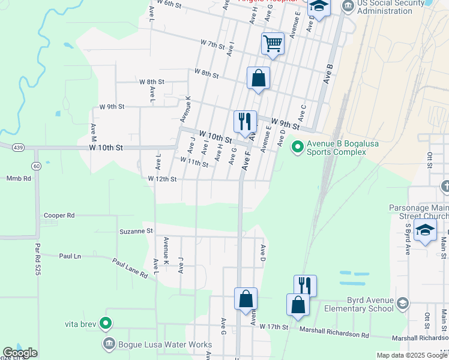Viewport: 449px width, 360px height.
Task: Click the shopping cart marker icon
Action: click(x=273, y=43)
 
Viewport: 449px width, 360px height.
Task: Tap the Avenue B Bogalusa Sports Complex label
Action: click(x=336, y=148)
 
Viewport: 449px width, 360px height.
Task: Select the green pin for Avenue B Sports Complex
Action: click(x=297, y=146)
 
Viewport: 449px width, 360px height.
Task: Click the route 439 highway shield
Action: click(x=17, y=147)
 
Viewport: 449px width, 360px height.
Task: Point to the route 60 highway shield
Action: click(x=37, y=166)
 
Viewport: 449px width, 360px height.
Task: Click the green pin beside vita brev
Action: click(x=106, y=324)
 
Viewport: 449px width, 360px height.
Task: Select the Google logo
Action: click(x=20, y=353)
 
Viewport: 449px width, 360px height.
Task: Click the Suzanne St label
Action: click(x=137, y=230)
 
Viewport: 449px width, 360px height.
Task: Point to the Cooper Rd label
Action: click(x=59, y=215)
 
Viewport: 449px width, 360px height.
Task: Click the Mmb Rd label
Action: click(x=18, y=178)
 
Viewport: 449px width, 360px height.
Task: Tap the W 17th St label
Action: click(x=274, y=327)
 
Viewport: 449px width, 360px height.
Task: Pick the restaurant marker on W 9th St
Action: click(x=245, y=121)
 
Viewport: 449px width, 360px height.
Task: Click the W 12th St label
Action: click(x=162, y=179)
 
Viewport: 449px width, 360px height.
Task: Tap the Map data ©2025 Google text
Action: click(x=411, y=355)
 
